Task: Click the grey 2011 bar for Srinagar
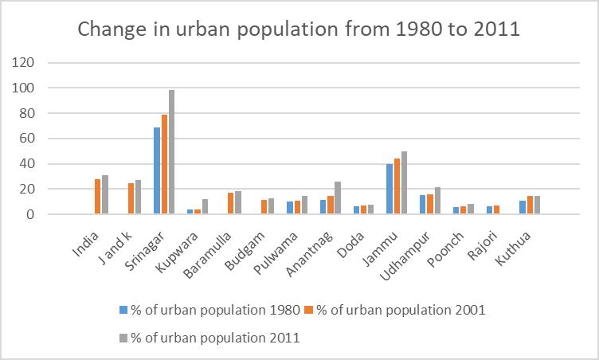170,152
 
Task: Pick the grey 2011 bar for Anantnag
337,198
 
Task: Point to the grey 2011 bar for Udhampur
437,201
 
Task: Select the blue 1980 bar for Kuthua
522,208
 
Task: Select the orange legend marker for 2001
310,309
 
